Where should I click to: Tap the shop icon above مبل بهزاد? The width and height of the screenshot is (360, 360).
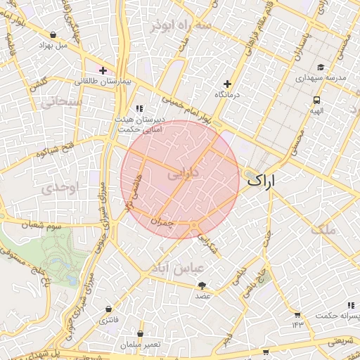tap(53, 34)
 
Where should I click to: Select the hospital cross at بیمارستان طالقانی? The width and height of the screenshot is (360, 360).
tap(103, 70)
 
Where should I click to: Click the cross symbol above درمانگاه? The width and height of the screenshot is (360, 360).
tap(226, 83)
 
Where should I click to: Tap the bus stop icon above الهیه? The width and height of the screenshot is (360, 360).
tap(317, 100)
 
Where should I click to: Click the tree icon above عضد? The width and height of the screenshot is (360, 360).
tap(203, 285)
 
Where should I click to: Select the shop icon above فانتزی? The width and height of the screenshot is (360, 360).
tap(108, 309)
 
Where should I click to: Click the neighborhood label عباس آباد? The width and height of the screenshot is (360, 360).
tap(179, 268)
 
